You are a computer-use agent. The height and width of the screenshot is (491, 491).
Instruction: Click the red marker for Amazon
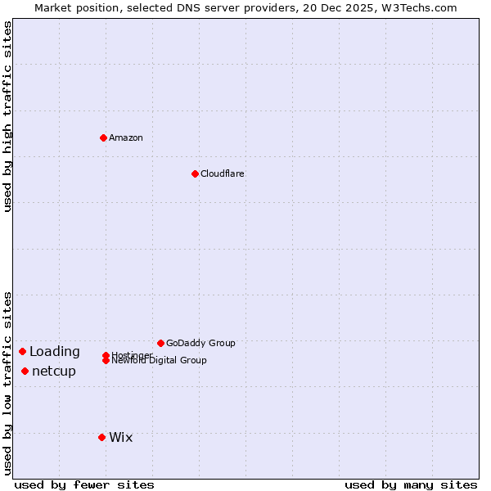pyautogui.click(x=104, y=137)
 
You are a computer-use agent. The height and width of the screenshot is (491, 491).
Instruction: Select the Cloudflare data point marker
pyautogui.click(x=195, y=173)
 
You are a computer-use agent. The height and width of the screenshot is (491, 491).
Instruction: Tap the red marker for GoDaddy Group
pyautogui.click(x=160, y=343)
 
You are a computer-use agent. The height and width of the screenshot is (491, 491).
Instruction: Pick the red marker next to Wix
pyautogui.click(x=101, y=437)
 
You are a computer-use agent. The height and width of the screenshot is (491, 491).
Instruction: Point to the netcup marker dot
pyautogui.click(x=25, y=371)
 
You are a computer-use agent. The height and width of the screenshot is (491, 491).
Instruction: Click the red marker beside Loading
pyautogui.click(x=22, y=351)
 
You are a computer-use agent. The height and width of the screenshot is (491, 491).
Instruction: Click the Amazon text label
pyautogui.click(x=126, y=137)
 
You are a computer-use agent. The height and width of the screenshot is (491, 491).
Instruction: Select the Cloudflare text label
pyautogui.click(x=223, y=173)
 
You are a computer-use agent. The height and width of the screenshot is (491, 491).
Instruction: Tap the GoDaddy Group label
pyautogui.click(x=200, y=343)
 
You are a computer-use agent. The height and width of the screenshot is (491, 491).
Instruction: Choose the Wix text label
pyautogui.click(x=121, y=437)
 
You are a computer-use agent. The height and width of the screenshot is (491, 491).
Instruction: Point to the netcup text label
pyautogui.click(x=54, y=371)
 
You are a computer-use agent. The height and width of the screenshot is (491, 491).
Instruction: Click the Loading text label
pyautogui.click(x=55, y=351)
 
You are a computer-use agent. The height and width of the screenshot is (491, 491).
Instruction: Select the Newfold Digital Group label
pyautogui.click(x=160, y=360)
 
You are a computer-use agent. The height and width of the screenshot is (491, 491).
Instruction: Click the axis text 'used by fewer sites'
pyautogui.click(x=84, y=484)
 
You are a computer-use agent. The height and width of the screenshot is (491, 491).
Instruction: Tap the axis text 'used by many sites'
pyautogui.click(x=411, y=484)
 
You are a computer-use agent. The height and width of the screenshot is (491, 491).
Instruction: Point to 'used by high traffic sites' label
pyautogui.click(x=7, y=116)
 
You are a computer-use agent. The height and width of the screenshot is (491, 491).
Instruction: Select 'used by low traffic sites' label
pyautogui.click(x=7, y=382)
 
